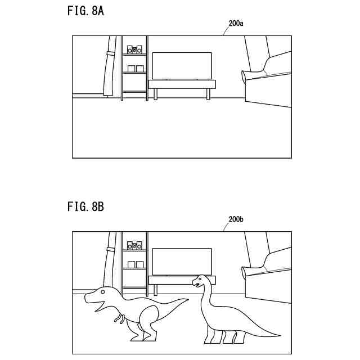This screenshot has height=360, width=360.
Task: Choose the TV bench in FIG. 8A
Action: click(x=181, y=84)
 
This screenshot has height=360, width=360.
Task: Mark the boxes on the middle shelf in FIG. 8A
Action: click(x=136, y=69)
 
